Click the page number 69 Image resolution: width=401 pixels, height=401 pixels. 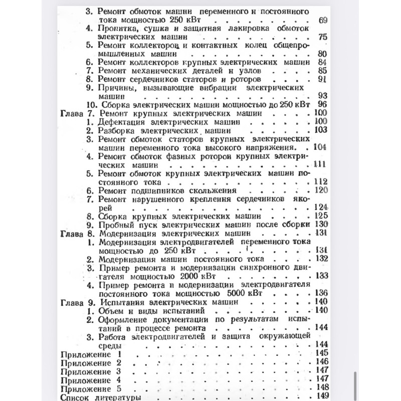coord(323,20)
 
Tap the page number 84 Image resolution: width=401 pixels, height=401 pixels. coord(323,62)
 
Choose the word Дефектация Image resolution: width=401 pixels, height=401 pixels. coord(120,121)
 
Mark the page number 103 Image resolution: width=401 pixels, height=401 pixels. coord(320,130)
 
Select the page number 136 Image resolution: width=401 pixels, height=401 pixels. coord(320,293)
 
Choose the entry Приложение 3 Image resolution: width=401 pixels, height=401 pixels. coord(91,371)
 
